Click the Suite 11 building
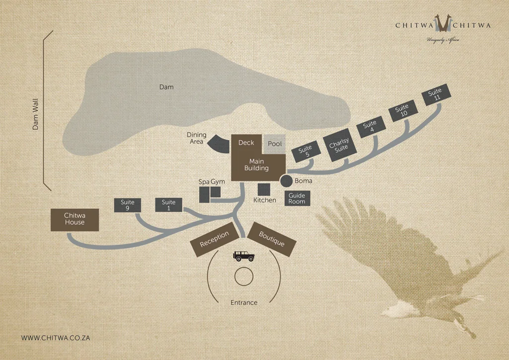pyautogui.click(x=435, y=94)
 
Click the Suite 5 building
pyautogui.click(x=305, y=152)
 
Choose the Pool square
pyautogui.click(x=275, y=144)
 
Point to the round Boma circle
pyautogui.click(x=287, y=181)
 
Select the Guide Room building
pyautogui.click(x=297, y=198)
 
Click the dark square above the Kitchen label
pyautogui.click(x=264, y=189)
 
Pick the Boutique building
pyautogui.click(x=272, y=239)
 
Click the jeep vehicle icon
pyautogui.click(x=244, y=256)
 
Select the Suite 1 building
pyautogui.click(x=169, y=205)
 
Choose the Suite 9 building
pyautogui.click(x=127, y=205)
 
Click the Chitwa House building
pyautogui.click(x=75, y=219)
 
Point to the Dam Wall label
pyautogui.click(x=35, y=114)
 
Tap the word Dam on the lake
pyautogui.click(x=167, y=87)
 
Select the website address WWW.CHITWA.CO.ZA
pyautogui.click(x=55, y=338)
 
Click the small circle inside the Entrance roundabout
pyautogui.click(x=244, y=276)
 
